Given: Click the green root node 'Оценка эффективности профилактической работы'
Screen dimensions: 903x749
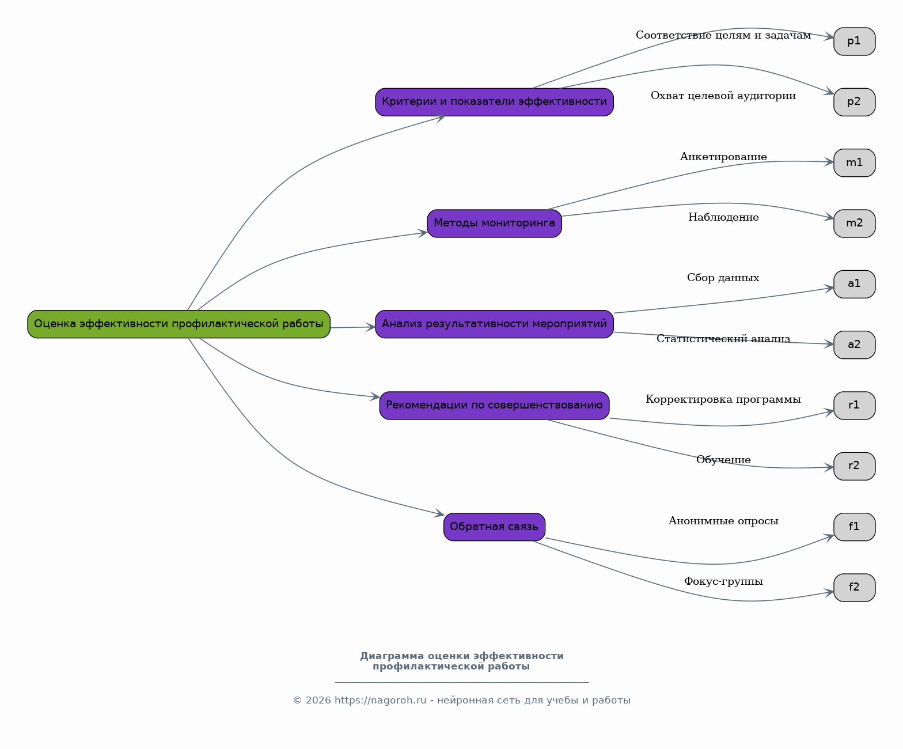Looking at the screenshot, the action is pyautogui.click(x=179, y=324).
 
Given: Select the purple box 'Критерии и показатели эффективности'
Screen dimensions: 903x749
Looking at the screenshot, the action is pyautogui.click(x=494, y=102).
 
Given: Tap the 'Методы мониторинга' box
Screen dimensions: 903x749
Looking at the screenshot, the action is pyautogui.click(x=494, y=224).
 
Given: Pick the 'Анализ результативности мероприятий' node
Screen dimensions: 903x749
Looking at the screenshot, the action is pyautogui.click(x=494, y=324).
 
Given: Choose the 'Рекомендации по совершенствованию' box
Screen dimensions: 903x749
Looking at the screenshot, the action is pyautogui.click(x=494, y=406).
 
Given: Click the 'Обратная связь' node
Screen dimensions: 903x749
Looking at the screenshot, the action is pyautogui.click(x=494, y=527).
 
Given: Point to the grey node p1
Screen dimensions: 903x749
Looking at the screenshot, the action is pyautogui.click(x=855, y=41).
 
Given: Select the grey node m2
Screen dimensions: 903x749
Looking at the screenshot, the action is pyautogui.click(x=855, y=224).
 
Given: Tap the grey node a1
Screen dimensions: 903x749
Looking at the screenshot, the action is pyautogui.click(x=855, y=284).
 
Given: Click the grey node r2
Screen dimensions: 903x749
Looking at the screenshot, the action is pyautogui.click(x=855, y=467).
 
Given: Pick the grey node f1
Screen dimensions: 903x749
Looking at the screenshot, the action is pyautogui.click(x=855, y=527).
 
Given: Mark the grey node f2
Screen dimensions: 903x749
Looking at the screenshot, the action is pyautogui.click(x=855, y=588).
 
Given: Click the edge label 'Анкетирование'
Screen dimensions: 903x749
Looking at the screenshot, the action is pyautogui.click(x=723, y=157).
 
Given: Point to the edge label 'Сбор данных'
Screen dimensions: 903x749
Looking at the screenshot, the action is pyautogui.click(x=723, y=278).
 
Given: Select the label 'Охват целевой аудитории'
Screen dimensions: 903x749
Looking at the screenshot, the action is pyautogui.click(x=723, y=96).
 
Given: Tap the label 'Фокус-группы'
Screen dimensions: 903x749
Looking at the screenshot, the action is pyautogui.click(x=723, y=581).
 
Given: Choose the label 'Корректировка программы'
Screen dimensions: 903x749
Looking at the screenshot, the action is pyautogui.click(x=723, y=399).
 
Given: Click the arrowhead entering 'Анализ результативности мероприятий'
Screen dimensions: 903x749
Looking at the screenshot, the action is pyautogui.click(x=371, y=327).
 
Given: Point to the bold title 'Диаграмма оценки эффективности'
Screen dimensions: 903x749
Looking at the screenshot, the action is pyautogui.click(x=462, y=656).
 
